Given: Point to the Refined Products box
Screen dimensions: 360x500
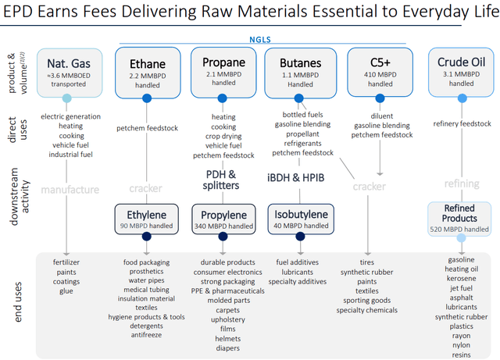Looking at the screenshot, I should tap(461, 218).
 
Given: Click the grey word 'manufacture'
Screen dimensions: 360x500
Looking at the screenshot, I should tap(70, 189).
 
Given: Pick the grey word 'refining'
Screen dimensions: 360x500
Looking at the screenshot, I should tap(461, 184).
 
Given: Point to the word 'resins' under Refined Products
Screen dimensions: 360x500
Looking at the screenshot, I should tap(461, 354).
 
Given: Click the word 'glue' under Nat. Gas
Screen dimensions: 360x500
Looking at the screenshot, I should tap(66, 291).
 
